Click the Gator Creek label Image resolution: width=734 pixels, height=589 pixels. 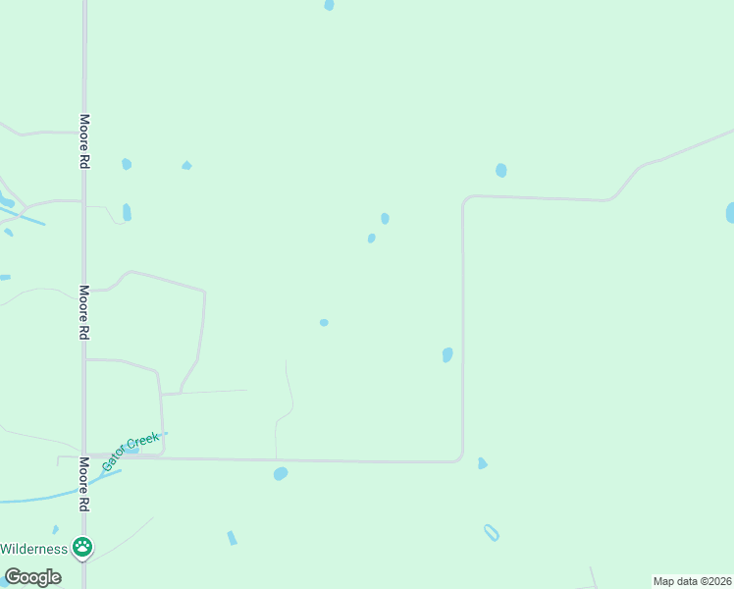pos(131,450)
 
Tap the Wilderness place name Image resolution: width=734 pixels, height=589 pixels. pos(33,549)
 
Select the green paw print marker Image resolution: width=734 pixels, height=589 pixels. pos(84,548)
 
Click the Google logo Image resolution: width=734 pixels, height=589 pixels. pos(32,577)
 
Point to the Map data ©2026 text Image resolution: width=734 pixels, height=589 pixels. pos(692,581)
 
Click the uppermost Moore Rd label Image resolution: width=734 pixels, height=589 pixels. pos(85,142)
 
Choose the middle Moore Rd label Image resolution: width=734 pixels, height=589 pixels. pos(85,312)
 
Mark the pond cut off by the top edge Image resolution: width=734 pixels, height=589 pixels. pos(329,5)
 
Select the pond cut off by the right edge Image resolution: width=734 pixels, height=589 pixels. pos(729,213)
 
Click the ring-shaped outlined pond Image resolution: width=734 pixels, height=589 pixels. pos(492,533)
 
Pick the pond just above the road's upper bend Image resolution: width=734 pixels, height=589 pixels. pos(501,170)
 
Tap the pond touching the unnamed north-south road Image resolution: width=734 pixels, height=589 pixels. pos(447,354)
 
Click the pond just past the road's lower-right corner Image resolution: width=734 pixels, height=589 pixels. pos(482,463)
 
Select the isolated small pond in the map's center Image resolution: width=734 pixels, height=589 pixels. pos(324,322)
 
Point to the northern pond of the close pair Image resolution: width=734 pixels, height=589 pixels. pos(385,218)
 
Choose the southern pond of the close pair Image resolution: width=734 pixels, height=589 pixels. pos(371,238)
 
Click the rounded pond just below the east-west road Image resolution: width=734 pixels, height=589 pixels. pos(281,473)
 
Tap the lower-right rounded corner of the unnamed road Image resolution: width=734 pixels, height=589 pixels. pos(458,457)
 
